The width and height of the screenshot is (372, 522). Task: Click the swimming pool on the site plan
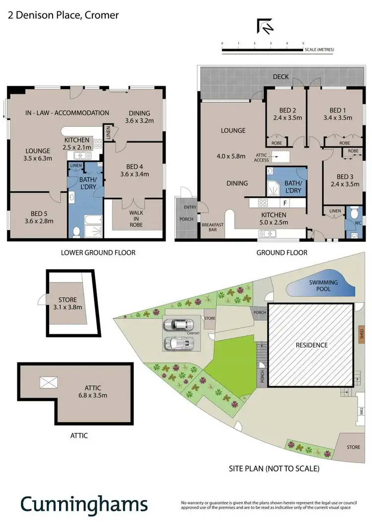coord(323,286)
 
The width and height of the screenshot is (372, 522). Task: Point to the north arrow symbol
coord(264,27)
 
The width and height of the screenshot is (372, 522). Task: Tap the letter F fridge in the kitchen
coord(285,203)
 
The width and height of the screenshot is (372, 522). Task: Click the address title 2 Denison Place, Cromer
coord(63,15)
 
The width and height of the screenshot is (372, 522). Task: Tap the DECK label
coord(280,77)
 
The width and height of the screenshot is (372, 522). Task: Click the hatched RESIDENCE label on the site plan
coord(311,345)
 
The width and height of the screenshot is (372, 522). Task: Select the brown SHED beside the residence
coord(362,334)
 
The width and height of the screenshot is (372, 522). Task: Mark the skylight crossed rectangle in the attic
coord(48,382)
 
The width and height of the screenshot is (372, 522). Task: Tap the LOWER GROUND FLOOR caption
coord(98,252)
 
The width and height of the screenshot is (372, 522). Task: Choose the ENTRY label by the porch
coord(190,207)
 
